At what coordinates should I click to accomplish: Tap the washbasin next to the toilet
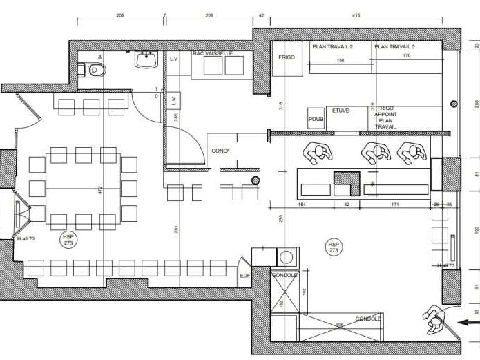click(x=146, y=61)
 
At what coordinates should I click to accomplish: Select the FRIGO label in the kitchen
click(x=287, y=57)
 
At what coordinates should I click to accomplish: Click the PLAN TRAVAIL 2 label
click(x=332, y=47)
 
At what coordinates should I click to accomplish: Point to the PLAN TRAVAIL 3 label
click(x=394, y=47)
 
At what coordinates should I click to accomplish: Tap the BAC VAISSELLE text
click(x=213, y=53)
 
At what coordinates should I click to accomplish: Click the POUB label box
click(x=316, y=119)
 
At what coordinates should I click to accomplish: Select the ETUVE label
click(x=340, y=111)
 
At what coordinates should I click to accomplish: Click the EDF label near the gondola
click(x=244, y=276)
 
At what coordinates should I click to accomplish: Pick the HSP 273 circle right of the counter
click(x=334, y=247)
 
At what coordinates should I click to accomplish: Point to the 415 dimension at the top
click(x=356, y=15)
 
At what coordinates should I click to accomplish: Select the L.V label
click(x=174, y=60)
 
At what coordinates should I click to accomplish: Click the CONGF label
click(x=221, y=151)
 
